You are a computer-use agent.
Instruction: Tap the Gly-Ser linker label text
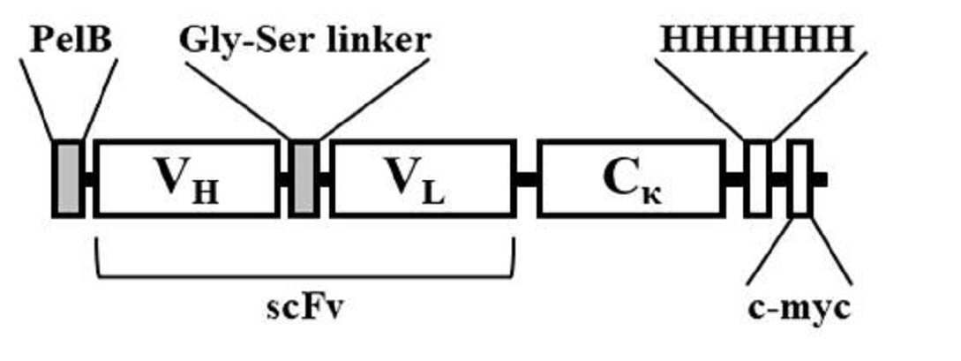(x=304, y=41)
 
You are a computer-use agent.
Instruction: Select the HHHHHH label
(x=756, y=41)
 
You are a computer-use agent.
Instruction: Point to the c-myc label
(x=800, y=308)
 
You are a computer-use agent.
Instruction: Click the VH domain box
(x=186, y=178)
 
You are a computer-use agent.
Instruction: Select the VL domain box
(x=423, y=178)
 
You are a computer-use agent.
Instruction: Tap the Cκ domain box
(x=629, y=178)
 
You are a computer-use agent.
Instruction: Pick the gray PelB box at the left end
(x=68, y=178)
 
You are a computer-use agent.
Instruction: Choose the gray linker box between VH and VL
(x=304, y=178)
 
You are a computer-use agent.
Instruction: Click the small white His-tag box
(x=757, y=178)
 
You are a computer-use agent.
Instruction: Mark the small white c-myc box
(x=800, y=178)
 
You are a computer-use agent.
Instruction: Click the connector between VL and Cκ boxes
(x=527, y=179)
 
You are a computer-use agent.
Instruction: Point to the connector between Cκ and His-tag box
(x=733, y=179)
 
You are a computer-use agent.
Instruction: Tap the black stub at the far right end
(x=820, y=179)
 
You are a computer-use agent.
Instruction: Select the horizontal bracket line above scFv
(x=304, y=277)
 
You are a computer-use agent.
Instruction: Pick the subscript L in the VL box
(x=435, y=194)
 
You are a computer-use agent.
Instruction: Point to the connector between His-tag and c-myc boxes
(x=779, y=179)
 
